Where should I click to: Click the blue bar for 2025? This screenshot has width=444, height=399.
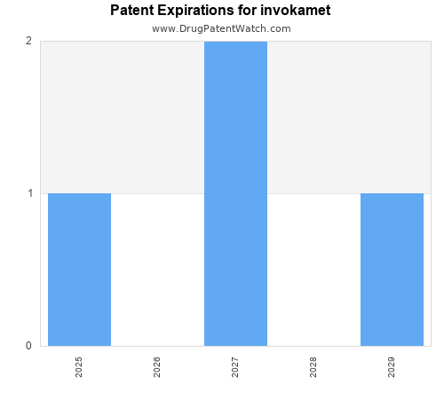tap(79, 270)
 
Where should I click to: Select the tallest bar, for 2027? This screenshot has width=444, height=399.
tap(235, 193)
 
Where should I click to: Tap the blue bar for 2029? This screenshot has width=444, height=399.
tap(392, 270)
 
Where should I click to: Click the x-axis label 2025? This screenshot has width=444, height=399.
tap(79, 367)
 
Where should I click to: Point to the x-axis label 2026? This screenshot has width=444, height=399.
tap(157, 367)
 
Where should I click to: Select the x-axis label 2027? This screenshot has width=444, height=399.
tap(235, 367)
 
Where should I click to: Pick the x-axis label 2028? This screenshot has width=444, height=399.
tap(313, 367)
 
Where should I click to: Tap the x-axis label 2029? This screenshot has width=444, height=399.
tap(392, 367)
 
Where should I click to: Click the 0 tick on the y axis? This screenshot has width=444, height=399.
tap(28, 346)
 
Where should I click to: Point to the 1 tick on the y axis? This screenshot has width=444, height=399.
tap(28, 193)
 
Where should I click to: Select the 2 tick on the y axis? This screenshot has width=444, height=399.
tap(28, 41)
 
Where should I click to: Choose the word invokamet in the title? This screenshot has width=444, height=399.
tap(298, 11)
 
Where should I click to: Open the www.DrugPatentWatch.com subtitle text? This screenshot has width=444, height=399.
tap(221, 28)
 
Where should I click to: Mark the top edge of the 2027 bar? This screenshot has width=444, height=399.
tap(235, 42)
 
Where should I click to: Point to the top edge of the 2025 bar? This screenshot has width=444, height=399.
tap(79, 193)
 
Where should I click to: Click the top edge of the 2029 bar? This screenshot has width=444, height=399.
tap(392, 193)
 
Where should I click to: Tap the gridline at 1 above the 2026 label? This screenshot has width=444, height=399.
tap(157, 193)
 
